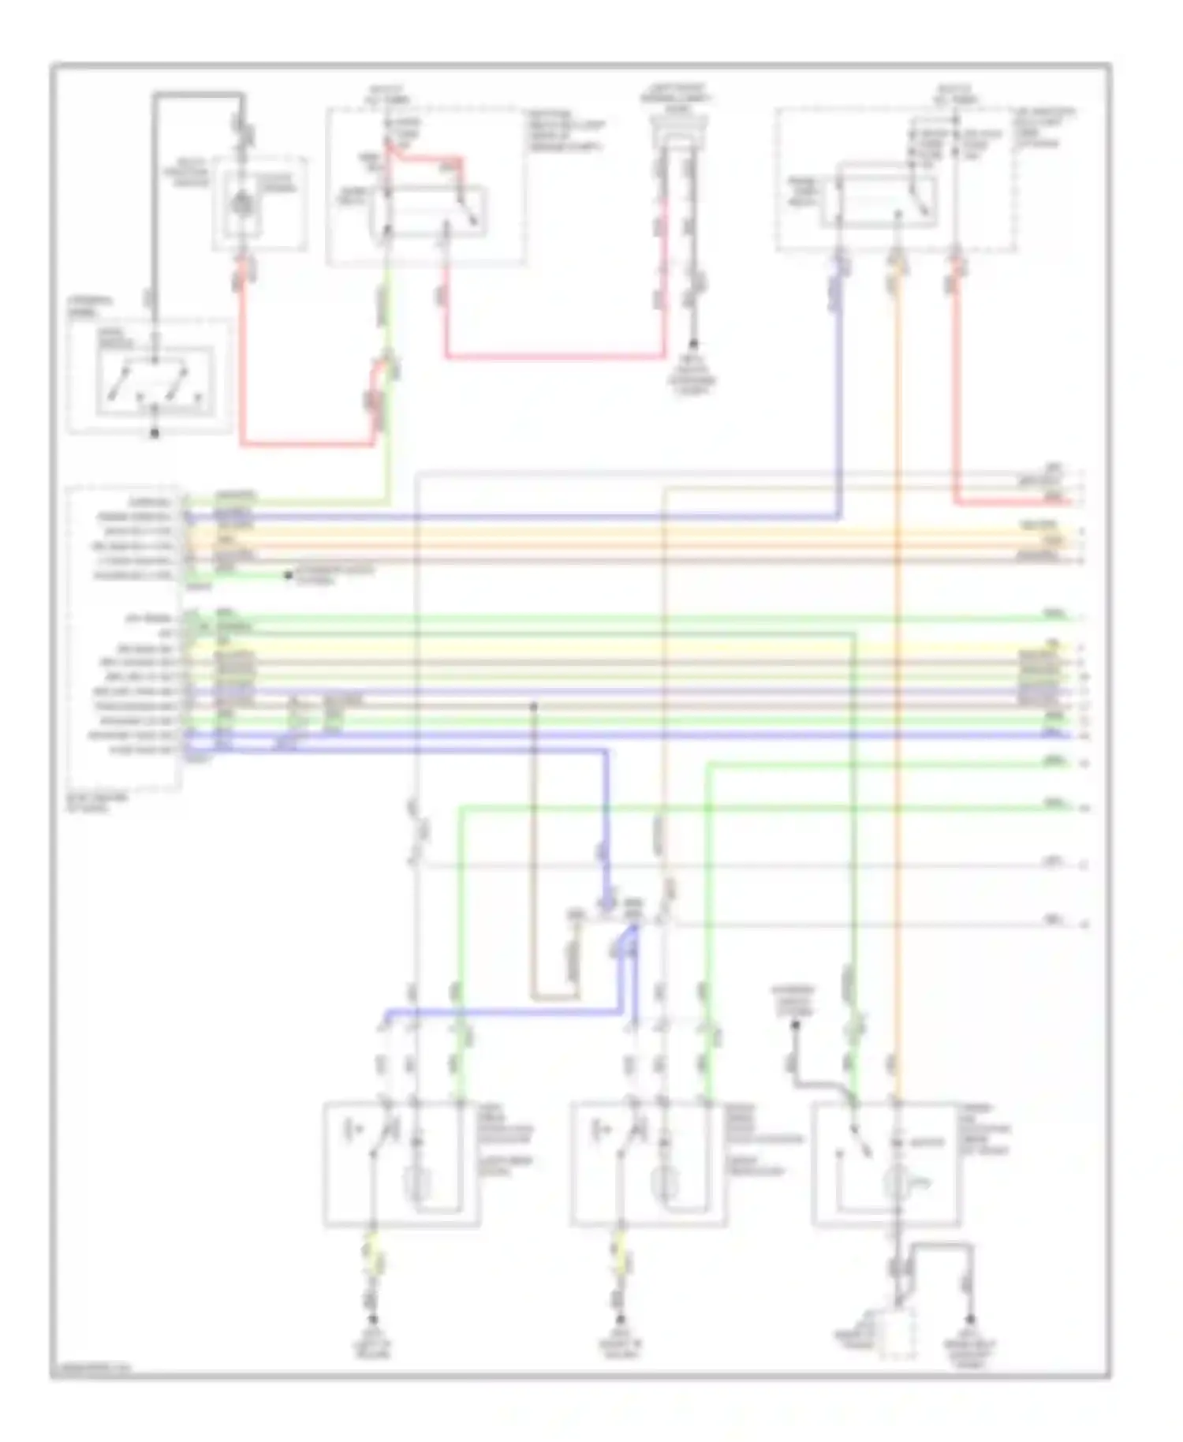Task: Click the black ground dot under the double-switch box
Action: [155, 434]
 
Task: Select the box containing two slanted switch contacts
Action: [155, 380]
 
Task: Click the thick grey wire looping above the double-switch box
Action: [197, 95]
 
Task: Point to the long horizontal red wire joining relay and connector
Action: [552, 357]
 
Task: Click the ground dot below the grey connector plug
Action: [694, 345]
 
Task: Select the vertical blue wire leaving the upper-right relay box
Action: [838, 394]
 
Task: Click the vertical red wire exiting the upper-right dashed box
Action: [956, 379]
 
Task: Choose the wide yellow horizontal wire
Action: [631, 648]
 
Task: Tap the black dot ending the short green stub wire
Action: [289, 576]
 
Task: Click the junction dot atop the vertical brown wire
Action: [534, 706]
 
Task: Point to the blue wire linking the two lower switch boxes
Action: [505, 1011]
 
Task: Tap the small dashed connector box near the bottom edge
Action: [898, 1333]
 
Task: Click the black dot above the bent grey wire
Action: [795, 1025]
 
